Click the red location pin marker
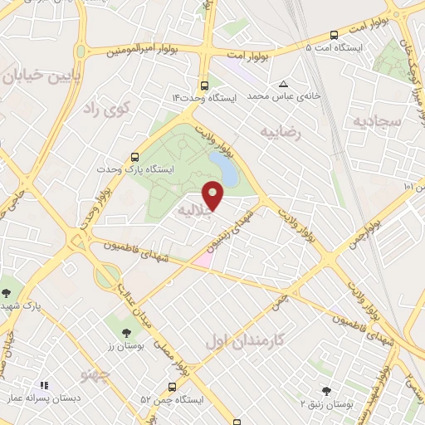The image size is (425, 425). (213, 195)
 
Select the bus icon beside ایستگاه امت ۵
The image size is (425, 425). (334, 35)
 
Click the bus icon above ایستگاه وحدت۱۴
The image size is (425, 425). (204, 85)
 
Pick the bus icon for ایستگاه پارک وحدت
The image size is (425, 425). (134, 156)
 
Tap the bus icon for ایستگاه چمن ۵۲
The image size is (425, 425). (172, 387)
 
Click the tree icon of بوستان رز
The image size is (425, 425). (126, 333)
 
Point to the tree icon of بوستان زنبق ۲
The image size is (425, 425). (326, 391)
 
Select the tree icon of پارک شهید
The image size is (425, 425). (7, 292)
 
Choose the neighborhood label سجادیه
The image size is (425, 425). (377, 122)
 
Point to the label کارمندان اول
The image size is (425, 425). (244, 340)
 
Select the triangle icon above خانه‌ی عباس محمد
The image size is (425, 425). (284, 84)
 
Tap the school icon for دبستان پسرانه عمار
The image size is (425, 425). (43, 385)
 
